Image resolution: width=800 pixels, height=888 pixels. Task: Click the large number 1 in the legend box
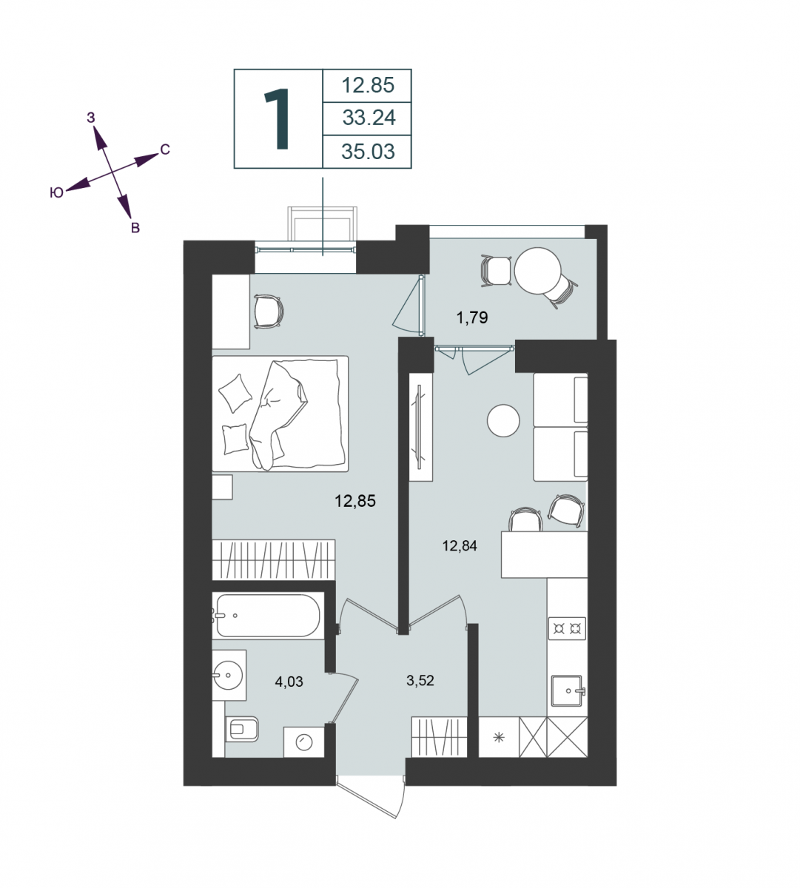tap(278, 118)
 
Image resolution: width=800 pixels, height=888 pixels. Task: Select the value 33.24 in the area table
tap(369, 118)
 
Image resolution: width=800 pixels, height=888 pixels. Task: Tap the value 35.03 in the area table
tap(368, 152)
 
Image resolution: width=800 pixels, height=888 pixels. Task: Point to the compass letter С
tap(165, 149)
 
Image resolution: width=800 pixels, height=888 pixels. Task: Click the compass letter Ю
tap(57, 192)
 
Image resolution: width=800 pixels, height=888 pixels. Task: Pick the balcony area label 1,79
tap(472, 317)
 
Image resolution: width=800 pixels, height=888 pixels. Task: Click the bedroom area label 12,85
tap(355, 501)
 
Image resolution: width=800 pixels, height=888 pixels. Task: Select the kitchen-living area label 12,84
tap(460, 546)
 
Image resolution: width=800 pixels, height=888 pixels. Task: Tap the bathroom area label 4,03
tap(289, 682)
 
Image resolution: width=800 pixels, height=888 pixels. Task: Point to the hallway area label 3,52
tap(420, 680)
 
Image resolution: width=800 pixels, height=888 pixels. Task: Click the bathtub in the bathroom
tap(267, 616)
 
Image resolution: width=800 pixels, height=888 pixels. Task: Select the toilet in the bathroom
tap(242, 729)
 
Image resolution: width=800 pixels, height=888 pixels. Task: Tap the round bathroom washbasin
tap(228, 675)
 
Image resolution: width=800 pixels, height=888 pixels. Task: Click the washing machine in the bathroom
tap(303, 741)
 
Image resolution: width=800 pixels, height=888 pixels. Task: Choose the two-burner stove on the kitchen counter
tap(567, 628)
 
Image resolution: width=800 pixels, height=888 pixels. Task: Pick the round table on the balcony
tap(537, 271)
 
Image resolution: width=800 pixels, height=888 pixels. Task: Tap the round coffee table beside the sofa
tap(503, 420)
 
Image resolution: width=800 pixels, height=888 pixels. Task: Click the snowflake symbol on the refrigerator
tap(499, 738)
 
